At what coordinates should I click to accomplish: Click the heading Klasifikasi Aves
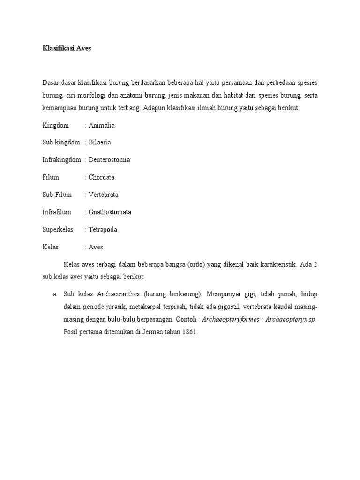(x=67, y=48)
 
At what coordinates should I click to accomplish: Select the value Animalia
(x=102, y=125)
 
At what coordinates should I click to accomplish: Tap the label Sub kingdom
(x=61, y=142)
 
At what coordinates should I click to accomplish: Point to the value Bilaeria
(x=100, y=142)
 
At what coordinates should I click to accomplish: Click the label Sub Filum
(x=57, y=195)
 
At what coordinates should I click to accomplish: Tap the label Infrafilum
(x=57, y=212)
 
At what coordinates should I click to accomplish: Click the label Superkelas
(x=58, y=230)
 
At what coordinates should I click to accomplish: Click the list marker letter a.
(x=54, y=294)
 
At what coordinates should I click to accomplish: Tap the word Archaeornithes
(x=118, y=294)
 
